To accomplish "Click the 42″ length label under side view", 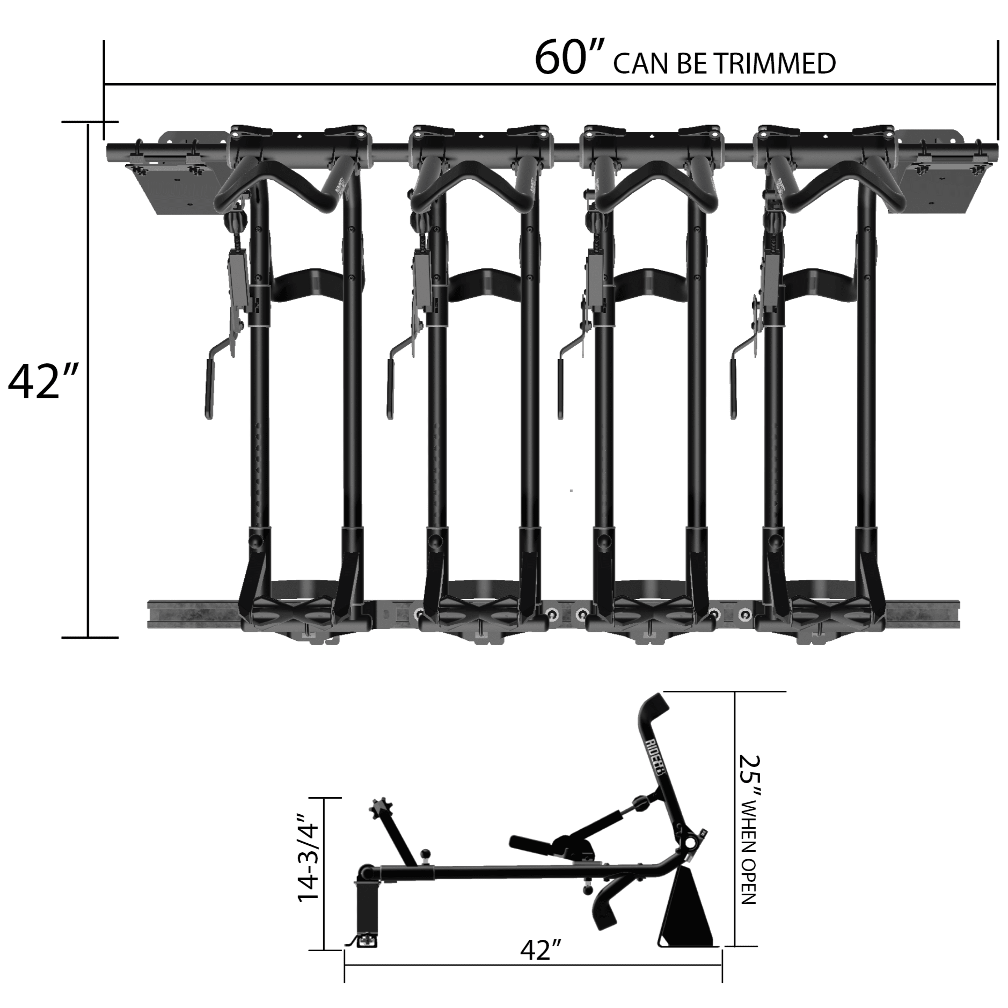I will click(x=540, y=951).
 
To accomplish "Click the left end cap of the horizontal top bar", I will click(x=110, y=148).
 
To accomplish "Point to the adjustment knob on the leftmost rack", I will click(x=237, y=220).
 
